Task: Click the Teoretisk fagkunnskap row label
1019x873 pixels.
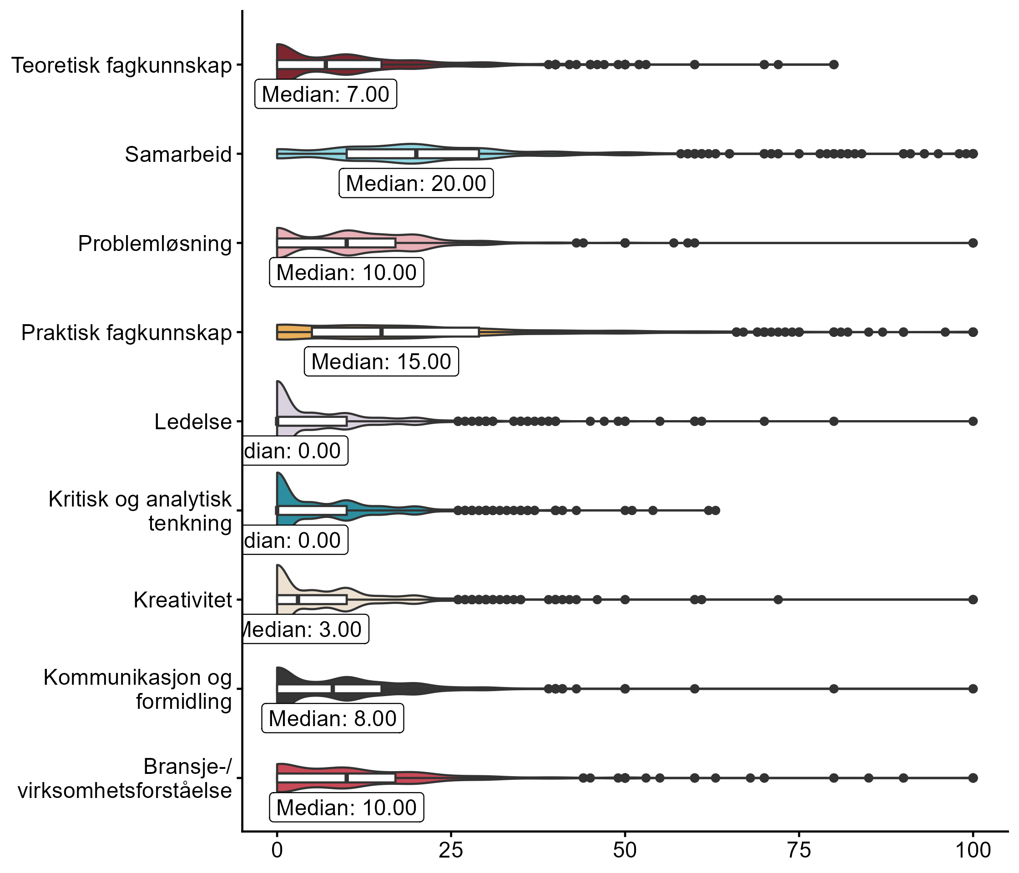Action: coord(121,65)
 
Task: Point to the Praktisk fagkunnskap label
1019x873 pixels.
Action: coord(126,333)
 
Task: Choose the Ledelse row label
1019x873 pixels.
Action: coord(193,422)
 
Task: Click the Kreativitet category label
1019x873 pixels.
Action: coord(182,600)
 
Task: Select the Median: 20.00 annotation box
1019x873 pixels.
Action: coord(416,183)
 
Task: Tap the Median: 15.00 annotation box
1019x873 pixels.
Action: coord(381,362)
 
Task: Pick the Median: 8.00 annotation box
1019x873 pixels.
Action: coord(333,719)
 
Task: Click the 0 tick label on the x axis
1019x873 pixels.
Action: coord(277,850)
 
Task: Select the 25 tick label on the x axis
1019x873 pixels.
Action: coord(451,850)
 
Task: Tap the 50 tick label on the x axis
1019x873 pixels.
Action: coord(625,850)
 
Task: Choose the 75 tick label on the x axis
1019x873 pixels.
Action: coord(799,850)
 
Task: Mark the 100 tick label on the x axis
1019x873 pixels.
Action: coord(972,850)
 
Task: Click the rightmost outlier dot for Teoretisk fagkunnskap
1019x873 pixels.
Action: coord(833,65)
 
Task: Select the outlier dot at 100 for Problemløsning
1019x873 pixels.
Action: coord(973,243)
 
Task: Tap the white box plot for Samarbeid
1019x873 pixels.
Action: coord(413,154)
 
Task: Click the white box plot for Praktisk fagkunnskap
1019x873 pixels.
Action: coord(395,332)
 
